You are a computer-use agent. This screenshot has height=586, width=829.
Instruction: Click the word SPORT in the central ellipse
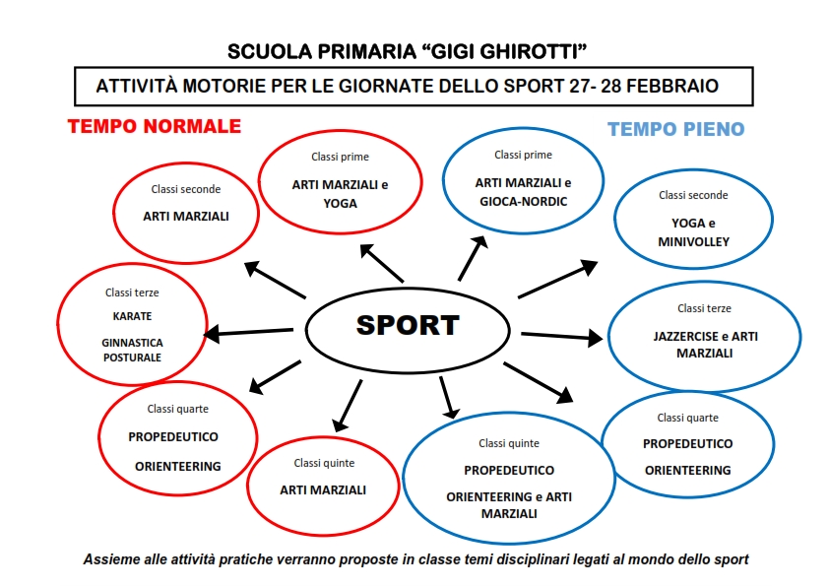tap(408, 325)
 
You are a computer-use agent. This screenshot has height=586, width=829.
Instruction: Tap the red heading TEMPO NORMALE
tap(155, 126)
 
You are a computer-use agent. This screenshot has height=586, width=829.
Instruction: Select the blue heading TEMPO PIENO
tap(675, 129)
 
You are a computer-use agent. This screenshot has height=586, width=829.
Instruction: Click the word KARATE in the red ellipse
tap(132, 316)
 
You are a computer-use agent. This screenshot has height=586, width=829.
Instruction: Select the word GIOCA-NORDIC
tap(524, 202)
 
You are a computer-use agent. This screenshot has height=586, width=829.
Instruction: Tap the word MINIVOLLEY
tap(694, 241)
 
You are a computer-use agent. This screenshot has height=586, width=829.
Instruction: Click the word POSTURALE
tap(132, 358)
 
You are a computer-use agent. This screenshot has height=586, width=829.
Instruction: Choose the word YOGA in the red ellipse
tap(340, 204)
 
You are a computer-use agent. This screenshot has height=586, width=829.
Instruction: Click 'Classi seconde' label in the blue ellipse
tap(693, 195)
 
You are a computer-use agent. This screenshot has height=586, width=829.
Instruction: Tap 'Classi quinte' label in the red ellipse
tap(324, 463)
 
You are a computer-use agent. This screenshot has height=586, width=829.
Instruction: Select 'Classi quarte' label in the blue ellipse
tap(688, 418)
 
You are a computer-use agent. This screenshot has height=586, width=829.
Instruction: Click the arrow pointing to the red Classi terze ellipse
tap(248, 333)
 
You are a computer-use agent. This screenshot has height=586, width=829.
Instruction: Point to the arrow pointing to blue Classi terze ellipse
tap(561, 337)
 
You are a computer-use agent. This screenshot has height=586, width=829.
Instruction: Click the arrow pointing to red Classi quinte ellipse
tap(348, 406)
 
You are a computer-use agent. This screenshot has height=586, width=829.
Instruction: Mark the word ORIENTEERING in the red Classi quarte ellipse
tap(177, 467)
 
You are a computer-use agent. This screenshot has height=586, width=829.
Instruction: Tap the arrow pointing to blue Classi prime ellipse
tap(473, 258)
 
